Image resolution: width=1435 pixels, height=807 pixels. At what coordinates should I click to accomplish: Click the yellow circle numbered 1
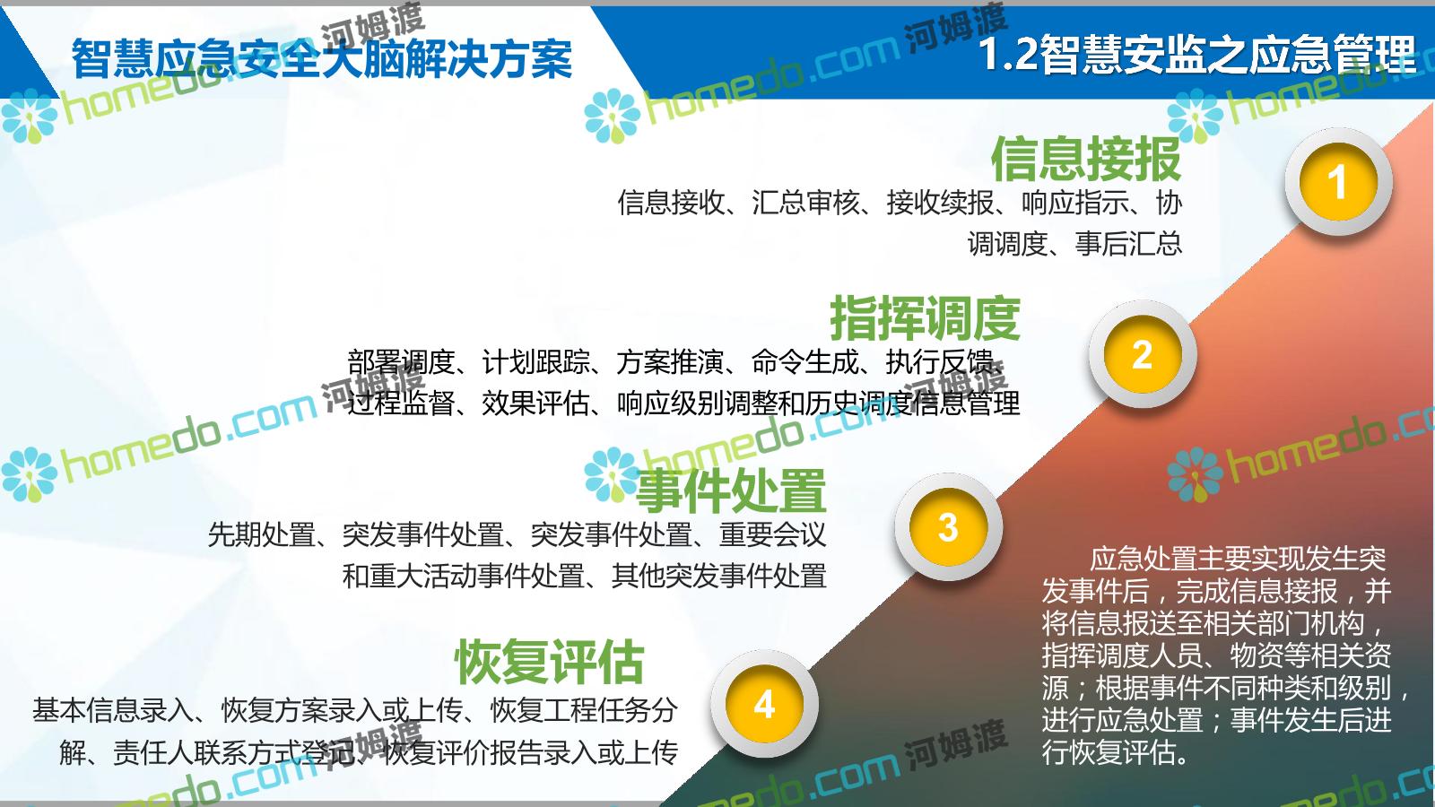click(x=1337, y=182)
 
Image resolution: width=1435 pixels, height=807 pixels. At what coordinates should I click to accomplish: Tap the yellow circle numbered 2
click(x=1143, y=354)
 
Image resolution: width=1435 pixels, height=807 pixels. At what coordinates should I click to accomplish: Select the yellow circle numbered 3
click(x=948, y=527)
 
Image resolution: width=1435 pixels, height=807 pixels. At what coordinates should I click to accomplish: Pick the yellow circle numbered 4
click(x=764, y=705)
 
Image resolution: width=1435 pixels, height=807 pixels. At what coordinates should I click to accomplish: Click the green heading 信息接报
click(x=1086, y=159)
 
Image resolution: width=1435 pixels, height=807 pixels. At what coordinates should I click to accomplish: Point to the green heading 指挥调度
click(x=925, y=318)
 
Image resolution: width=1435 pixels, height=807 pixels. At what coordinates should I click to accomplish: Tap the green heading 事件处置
click(x=731, y=490)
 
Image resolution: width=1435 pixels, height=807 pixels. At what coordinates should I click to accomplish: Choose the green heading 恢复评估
click(x=549, y=662)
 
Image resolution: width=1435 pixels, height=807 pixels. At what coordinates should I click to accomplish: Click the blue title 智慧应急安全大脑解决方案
click(x=322, y=59)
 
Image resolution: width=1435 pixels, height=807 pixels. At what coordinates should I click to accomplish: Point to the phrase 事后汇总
click(x=1128, y=244)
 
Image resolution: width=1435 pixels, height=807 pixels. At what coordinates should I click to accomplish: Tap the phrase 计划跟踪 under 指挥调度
click(x=535, y=362)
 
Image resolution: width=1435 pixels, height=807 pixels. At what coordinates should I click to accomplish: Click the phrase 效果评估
click(x=535, y=403)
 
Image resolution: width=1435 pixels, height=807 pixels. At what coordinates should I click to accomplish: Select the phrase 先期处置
click(x=261, y=534)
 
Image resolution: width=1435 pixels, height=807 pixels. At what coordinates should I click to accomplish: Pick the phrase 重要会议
click(x=772, y=534)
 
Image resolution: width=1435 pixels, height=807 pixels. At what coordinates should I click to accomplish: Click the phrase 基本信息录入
click(x=113, y=710)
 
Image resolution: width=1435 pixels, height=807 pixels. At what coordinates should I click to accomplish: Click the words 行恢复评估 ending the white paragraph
click(x=1109, y=752)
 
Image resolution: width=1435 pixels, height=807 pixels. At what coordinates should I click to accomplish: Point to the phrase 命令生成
click(x=805, y=362)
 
